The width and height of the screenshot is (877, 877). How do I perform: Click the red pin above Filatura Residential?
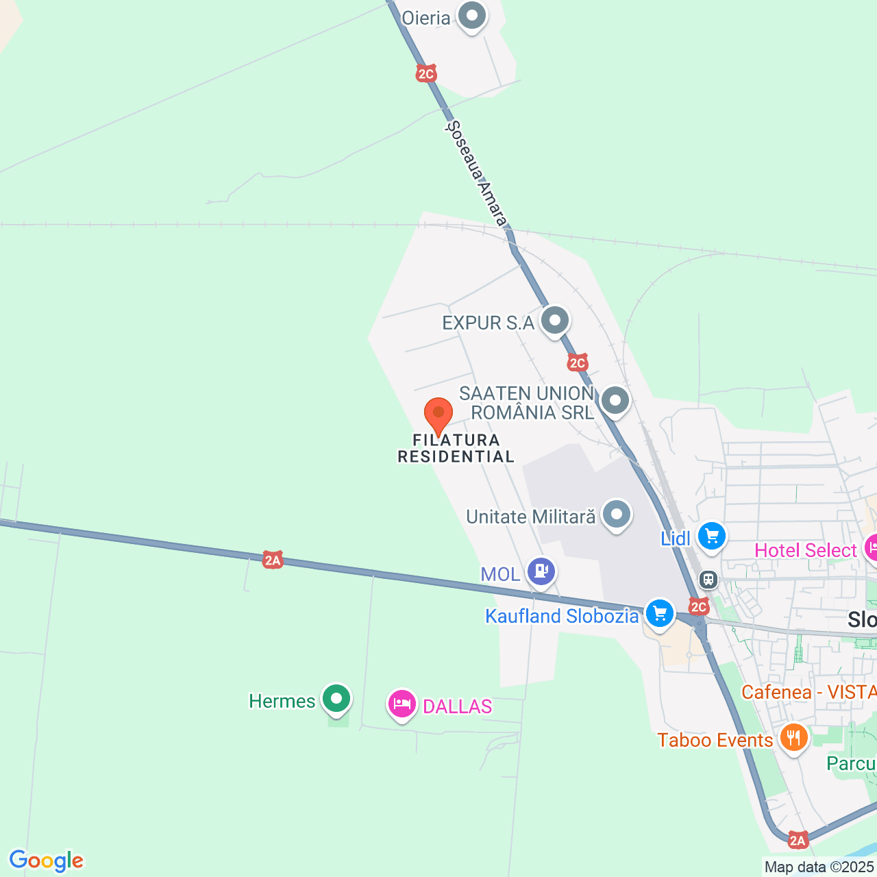pyautogui.click(x=438, y=415)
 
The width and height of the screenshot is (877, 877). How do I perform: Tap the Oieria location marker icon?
pyautogui.click(x=472, y=16)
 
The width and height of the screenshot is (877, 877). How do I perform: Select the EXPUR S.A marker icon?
pyautogui.click(x=555, y=320)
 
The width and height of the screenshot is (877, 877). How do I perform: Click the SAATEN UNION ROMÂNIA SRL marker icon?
pyautogui.click(x=615, y=400)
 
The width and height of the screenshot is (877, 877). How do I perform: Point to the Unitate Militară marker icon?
pyautogui.click(x=617, y=514)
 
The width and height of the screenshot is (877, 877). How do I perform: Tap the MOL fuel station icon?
pyautogui.click(x=541, y=571)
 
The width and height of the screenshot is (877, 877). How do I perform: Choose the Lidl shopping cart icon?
pyautogui.click(x=712, y=536)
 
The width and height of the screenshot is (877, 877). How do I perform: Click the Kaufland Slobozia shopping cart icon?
pyautogui.click(x=660, y=613)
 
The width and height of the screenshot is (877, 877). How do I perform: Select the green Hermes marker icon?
pyautogui.click(x=336, y=699)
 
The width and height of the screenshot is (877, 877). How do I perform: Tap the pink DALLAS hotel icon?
pyautogui.click(x=402, y=704)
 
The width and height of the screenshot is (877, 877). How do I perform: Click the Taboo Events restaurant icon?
pyautogui.click(x=793, y=738)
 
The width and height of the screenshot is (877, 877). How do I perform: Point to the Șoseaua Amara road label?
pyautogui.click(x=477, y=173)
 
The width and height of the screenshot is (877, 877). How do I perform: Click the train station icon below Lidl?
pyautogui.click(x=708, y=580)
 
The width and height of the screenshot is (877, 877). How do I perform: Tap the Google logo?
pyautogui.click(x=46, y=861)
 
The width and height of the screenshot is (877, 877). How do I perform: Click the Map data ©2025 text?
pyautogui.click(x=819, y=867)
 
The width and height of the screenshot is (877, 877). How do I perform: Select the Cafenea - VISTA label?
pyautogui.click(x=808, y=692)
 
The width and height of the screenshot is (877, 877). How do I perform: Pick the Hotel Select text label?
pyautogui.click(x=805, y=550)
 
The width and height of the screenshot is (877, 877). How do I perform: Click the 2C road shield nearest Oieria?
pyautogui.click(x=426, y=73)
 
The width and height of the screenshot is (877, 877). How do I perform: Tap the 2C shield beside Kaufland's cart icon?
pyautogui.click(x=698, y=606)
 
